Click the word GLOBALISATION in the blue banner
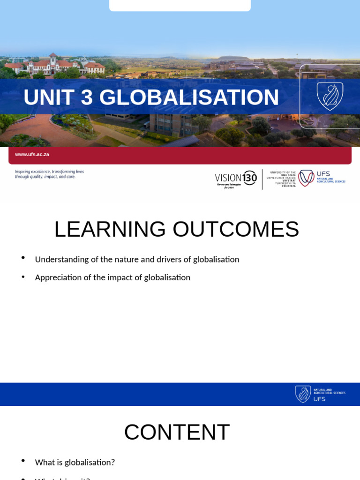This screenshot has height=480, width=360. click(x=189, y=97)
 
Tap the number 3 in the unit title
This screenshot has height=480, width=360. click(x=87, y=97)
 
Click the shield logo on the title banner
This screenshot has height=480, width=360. click(x=330, y=96)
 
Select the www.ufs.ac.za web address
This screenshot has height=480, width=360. click(x=32, y=154)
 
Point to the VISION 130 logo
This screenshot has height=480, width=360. click(x=236, y=179)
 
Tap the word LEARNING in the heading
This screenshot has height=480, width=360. click(x=110, y=230)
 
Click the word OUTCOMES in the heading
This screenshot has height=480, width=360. click(x=236, y=230)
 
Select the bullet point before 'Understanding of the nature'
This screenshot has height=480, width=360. click(x=23, y=258)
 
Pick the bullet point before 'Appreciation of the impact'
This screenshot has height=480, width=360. click(x=23, y=277)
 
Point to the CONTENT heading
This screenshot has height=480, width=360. click(x=177, y=432)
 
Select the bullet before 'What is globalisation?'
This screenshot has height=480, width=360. click(x=23, y=461)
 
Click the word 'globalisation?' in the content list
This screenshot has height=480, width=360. click(x=90, y=462)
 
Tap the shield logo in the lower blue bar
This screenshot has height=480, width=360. click(x=303, y=394)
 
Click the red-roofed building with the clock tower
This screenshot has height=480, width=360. click(x=54, y=65)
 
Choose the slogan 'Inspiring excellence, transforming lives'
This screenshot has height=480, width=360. click(x=49, y=172)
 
